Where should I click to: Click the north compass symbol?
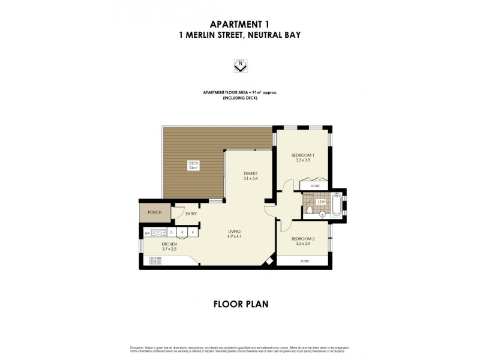click(240, 65)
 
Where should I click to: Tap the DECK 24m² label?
click(193, 166)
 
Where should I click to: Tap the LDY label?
click(321, 202)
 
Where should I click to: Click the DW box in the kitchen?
click(146, 233)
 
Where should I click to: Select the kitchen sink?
click(159, 233)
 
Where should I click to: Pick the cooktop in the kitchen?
click(155, 260)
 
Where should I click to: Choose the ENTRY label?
click(191, 214)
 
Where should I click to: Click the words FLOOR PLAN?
click(240, 304)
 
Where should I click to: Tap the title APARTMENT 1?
click(240, 24)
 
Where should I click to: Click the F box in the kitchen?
click(193, 233)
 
